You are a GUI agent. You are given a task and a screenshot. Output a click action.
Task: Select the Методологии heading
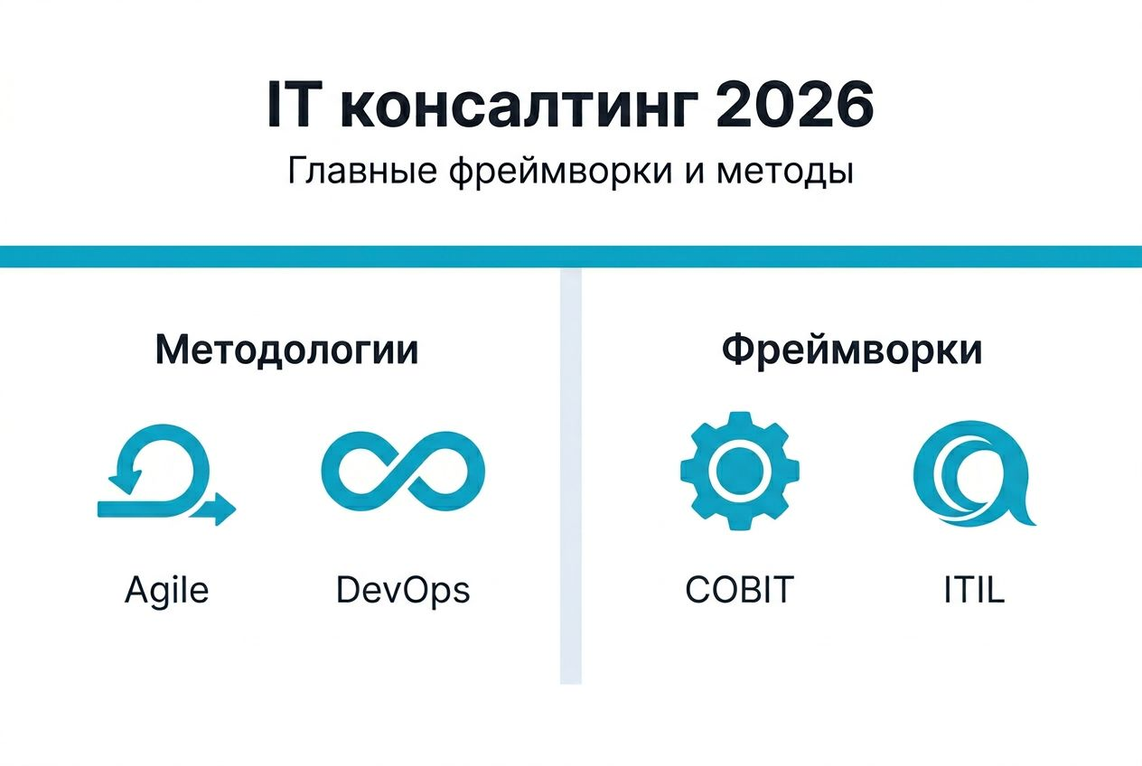286,350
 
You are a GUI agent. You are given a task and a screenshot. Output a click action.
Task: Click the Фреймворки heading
851,350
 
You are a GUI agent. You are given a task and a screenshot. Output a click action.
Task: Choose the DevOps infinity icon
403,471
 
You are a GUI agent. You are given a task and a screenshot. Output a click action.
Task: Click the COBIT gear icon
739,471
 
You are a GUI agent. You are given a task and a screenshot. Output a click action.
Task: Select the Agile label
166,590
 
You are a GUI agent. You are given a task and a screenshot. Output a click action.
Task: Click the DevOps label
403,590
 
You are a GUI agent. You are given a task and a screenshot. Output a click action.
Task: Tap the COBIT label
739,590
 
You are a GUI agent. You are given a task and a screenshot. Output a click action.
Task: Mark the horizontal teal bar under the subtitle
571,256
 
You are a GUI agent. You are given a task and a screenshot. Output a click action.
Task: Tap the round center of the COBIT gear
739,471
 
